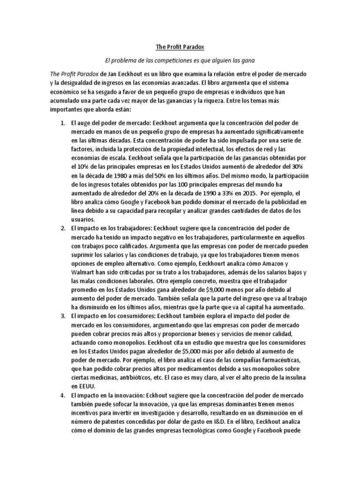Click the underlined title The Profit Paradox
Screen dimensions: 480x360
(180, 47)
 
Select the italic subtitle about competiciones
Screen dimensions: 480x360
(180, 61)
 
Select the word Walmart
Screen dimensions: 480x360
(84, 272)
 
